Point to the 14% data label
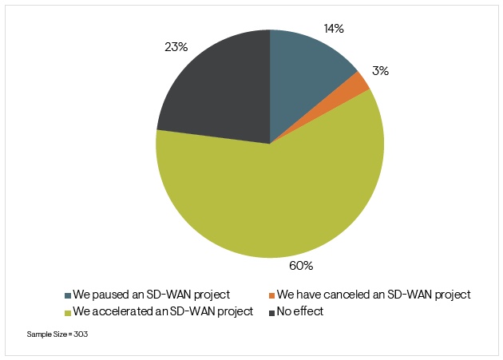(334, 29)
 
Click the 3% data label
(381, 71)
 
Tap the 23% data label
(176, 47)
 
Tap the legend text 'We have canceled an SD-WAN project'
(374, 295)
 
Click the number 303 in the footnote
(80, 334)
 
